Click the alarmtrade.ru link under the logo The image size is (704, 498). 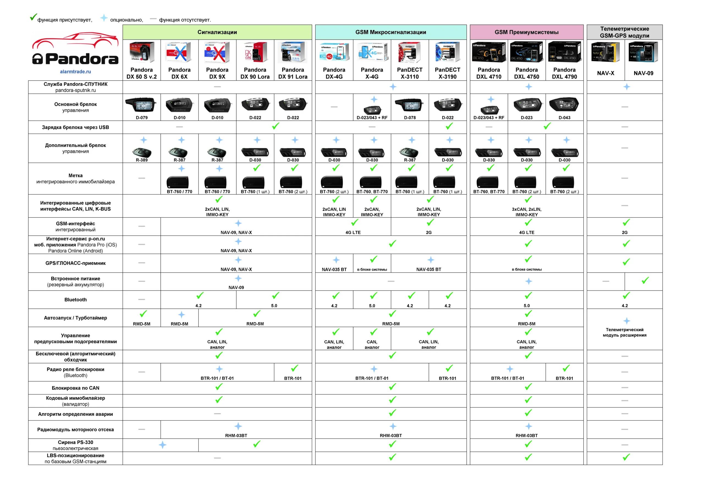tap(75, 72)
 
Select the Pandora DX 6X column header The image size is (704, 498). tap(179, 73)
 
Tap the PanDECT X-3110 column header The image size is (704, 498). tap(410, 73)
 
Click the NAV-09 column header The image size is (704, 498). tap(643, 73)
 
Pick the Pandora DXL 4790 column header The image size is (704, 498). tap(564, 73)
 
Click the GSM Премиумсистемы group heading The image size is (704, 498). tap(526, 32)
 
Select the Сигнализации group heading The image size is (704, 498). tap(217, 32)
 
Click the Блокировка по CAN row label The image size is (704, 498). tap(75, 388)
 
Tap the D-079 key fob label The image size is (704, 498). tap(142, 117)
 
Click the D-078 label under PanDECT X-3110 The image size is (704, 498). tap(410, 117)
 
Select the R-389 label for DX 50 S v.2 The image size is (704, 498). tap(142, 160)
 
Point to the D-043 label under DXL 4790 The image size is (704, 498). tap(564, 117)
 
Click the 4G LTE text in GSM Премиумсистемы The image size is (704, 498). tap(526, 232)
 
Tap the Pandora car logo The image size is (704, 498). tap(75, 49)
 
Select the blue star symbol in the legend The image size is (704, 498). tap(104, 18)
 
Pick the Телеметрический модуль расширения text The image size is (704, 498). tap(624, 332)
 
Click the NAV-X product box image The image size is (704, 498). tap(605, 53)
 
